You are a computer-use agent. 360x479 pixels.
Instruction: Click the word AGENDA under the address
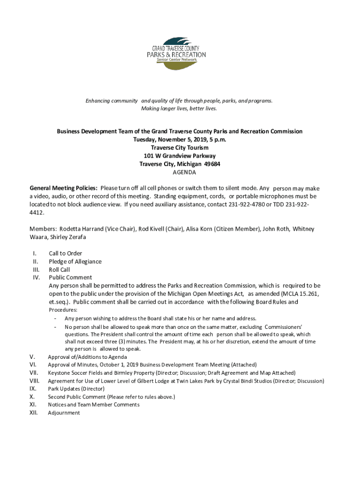click(180, 172)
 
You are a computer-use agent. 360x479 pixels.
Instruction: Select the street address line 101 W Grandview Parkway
click(180, 156)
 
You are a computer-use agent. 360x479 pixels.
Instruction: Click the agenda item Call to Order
click(65, 254)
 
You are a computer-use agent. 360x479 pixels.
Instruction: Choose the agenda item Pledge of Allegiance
click(75, 261)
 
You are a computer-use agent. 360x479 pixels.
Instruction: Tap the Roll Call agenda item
click(59, 270)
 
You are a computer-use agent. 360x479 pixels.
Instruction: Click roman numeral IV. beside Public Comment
click(36, 278)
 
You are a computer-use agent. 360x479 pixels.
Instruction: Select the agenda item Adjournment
click(64, 413)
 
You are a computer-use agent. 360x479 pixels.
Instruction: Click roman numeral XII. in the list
click(34, 413)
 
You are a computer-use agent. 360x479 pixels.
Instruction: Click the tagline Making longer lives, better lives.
click(180, 109)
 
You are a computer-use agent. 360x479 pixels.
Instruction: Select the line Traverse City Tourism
click(180, 148)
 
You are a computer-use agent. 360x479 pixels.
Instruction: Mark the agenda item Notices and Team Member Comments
click(94, 405)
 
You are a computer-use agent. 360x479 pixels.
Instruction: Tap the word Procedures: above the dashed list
click(63, 310)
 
